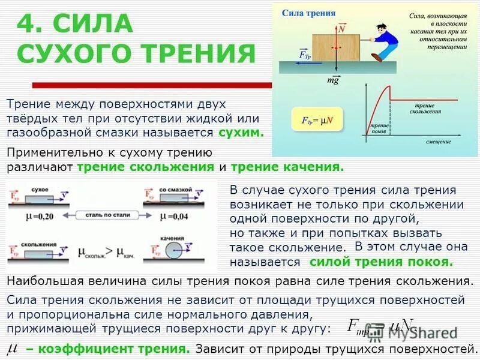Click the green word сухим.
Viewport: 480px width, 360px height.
pos(241,133)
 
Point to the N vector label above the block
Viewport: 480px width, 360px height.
pos(341,28)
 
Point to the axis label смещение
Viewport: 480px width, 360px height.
pos(439,142)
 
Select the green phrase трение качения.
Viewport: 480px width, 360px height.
pos(287,167)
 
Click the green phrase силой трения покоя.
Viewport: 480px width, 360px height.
pos(380,262)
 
